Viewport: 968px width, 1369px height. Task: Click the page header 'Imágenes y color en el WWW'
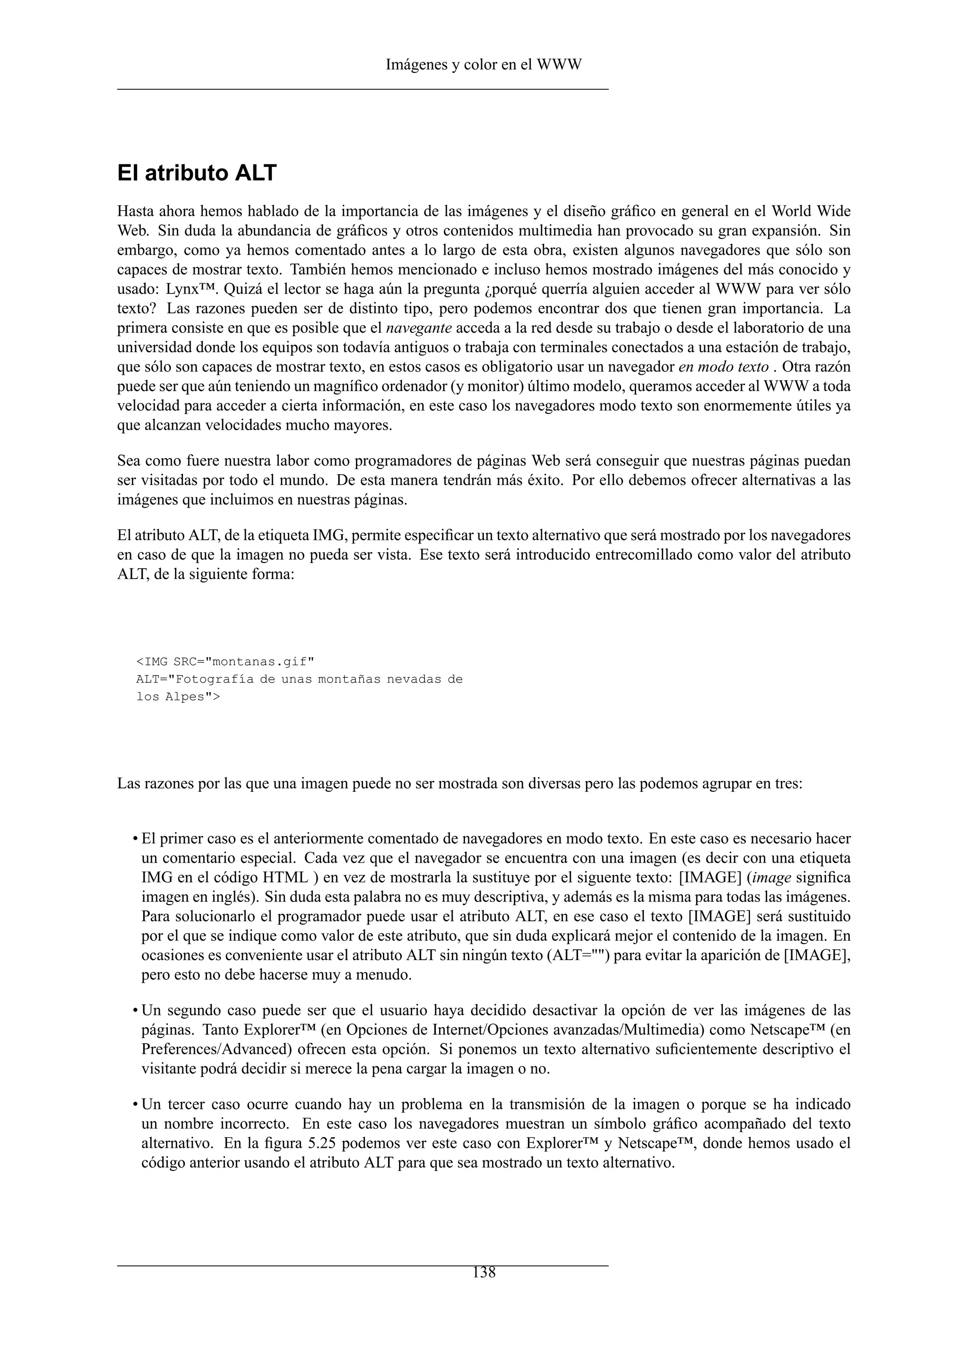point(484,64)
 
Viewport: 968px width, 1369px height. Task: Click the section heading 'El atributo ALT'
point(197,173)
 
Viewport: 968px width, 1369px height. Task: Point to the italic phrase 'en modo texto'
point(723,367)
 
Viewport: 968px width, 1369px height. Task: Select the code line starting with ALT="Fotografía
point(299,679)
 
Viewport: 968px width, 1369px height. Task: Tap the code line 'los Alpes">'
point(178,696)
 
